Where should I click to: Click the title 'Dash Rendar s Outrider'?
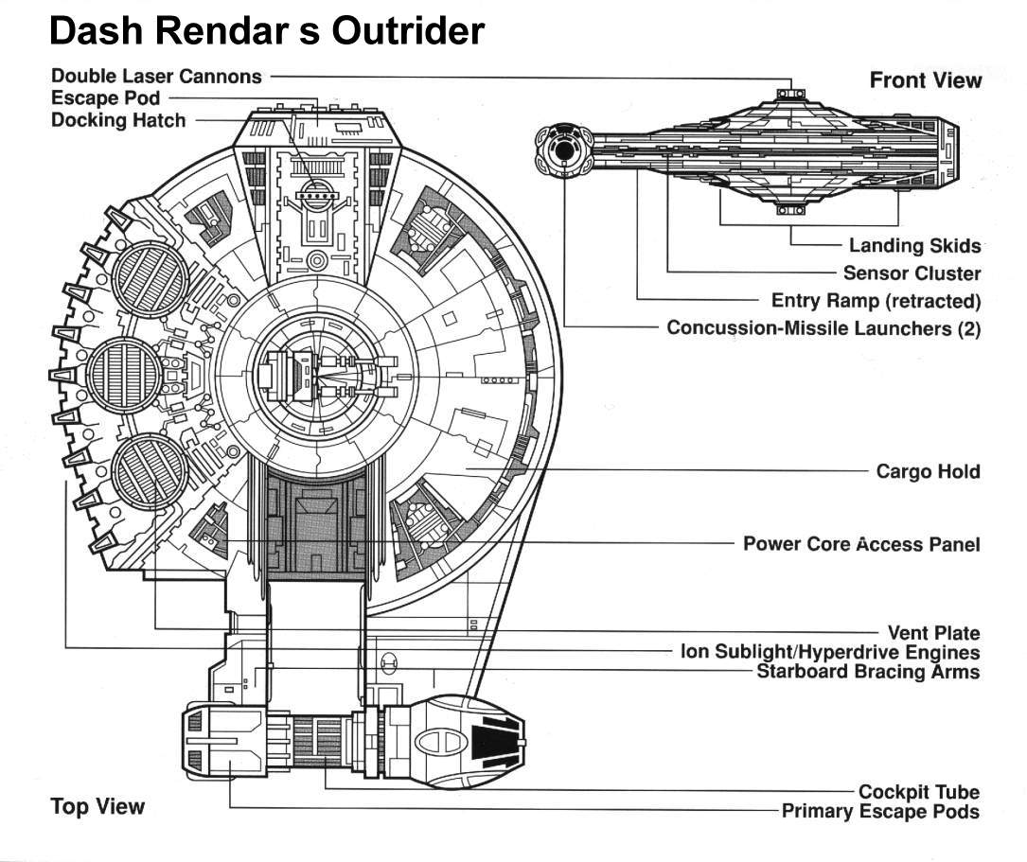tap(266, 31)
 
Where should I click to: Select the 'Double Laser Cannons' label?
tap(156, 76)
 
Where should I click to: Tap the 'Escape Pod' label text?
tap(105, 97)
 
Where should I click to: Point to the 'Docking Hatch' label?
tap(118, 120)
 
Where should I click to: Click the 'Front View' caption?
tap(925, 80)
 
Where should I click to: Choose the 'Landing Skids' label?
tap(913, 245)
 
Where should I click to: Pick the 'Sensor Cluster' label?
tap(912, 273)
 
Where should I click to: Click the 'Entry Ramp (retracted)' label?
tap(876, 301)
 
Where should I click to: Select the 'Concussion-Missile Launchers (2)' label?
tap(823, 328)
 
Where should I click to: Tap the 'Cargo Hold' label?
tap(928, 471)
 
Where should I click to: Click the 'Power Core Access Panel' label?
tap(861, 544)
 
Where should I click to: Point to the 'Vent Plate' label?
tap(933, 633)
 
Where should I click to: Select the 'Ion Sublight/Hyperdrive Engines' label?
tap(830, 652)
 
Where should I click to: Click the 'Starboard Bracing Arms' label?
tap(868, 672)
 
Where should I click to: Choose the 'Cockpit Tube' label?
tap(918, 792)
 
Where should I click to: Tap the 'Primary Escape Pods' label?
tap(880, 812)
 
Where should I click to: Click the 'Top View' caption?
tap(97, 807)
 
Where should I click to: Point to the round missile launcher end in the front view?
tap(563, 150)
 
